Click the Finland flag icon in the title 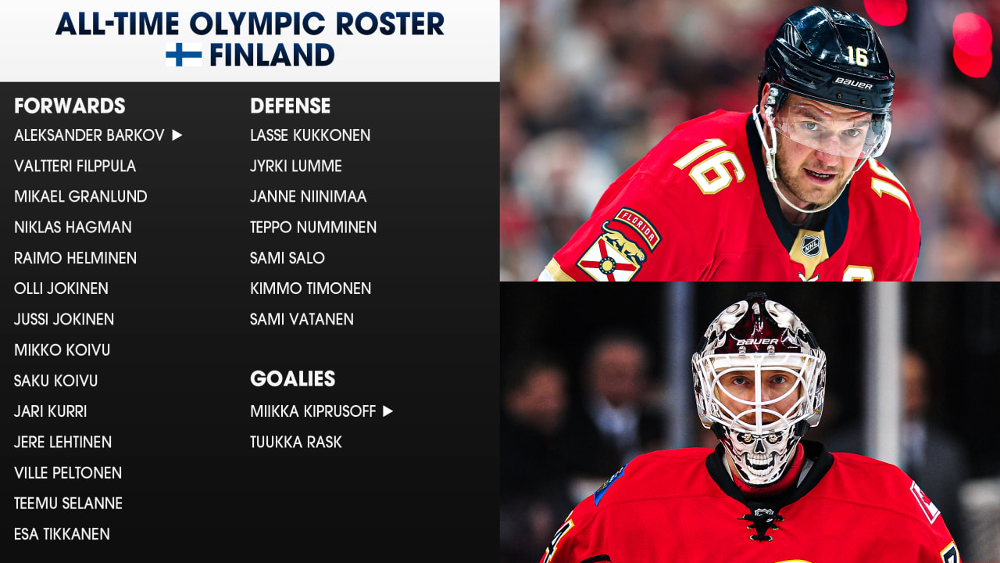coord(184,55)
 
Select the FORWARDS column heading coord(70,106)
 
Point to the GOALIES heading coord(292,378)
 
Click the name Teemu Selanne coord(68,504)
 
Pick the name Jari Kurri coord(50,411)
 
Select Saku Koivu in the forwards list coord(55,381)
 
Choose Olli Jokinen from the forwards coord(61,289)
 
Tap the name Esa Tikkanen coord(62,534)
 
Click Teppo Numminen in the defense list coord(313,228)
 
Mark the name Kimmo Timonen coord(310,289)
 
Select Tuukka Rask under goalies coord(295,443)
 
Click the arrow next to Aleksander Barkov coord(177,135)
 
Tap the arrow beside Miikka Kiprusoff coord(388,411)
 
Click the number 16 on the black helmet coord(857,56)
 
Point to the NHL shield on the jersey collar coord(811,246)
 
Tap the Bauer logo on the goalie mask coord(757,342)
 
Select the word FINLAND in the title coord(272,55)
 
